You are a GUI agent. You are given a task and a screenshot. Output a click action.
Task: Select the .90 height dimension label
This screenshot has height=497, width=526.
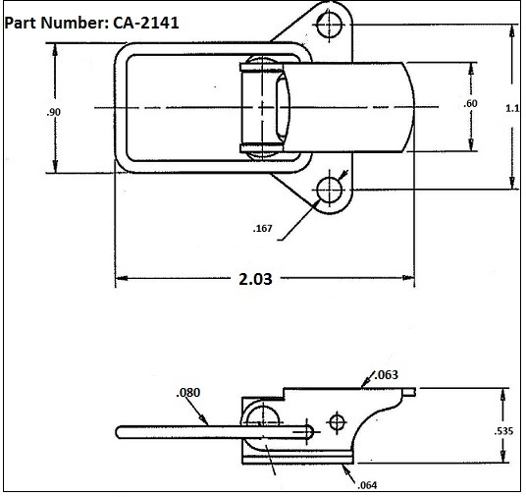(53, 113)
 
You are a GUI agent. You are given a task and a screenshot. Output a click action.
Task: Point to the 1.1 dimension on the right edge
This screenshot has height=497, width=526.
(511, 108)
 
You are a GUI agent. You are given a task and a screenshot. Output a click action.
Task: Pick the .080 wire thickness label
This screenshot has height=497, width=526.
(188, 394)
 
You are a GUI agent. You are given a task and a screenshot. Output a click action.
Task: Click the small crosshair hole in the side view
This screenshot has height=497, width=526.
(337, 422)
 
